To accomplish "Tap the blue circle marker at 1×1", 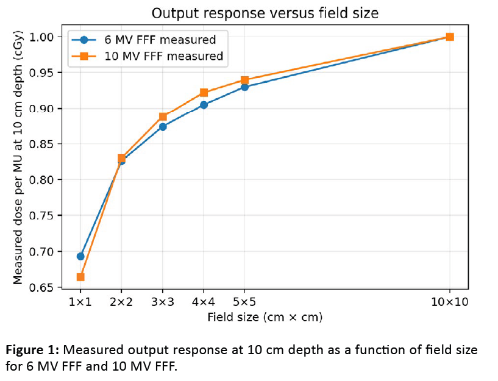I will (80, 256).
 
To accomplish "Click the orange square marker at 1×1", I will (80, 277).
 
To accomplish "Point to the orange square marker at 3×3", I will (163, 116).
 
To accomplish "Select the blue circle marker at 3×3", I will (163, 127).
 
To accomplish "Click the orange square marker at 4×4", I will (204, 93).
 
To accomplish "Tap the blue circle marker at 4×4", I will (204, 105).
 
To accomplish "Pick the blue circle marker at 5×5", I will (244, 87).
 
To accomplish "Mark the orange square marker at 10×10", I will (450, 37).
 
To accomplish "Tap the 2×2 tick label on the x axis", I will (121, 302).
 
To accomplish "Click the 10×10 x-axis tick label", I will (450, 302).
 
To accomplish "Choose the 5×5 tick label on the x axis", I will (244, 302).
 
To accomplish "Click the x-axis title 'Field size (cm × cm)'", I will (265, 317).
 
